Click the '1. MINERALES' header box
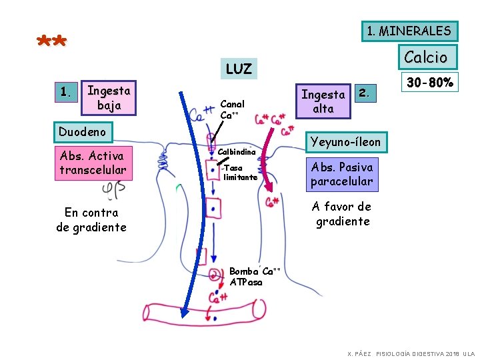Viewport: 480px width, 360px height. coord(409,31)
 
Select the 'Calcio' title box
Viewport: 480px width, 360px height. coord(426,57)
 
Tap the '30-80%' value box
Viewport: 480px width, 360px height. coord(429,83)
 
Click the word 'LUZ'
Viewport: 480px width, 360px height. coord(239,69)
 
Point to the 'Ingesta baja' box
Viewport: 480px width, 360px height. coord(109,97)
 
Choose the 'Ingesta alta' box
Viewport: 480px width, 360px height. coord(323,101)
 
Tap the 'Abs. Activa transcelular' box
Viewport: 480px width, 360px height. coord(92,163)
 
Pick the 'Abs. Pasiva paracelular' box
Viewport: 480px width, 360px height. coord(341,174)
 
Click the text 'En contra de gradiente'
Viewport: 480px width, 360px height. coord(91,220)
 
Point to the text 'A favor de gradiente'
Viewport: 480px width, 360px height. coord(342,214)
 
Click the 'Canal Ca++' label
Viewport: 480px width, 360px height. coord(232,109)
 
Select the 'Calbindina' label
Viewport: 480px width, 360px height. coord(237,152)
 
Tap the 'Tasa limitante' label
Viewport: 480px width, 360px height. coord(240,173)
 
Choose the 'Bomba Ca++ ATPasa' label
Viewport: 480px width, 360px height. coord(253,277)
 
